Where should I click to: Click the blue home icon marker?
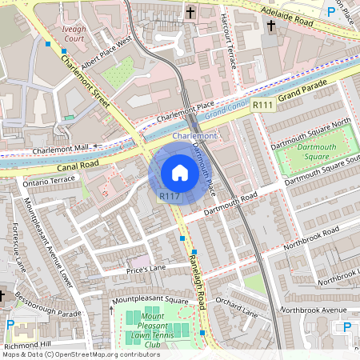pos(180,173)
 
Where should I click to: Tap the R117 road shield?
pos(169,196)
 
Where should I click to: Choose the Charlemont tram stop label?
pos(194,137)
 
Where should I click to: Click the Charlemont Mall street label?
pos(62,148)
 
